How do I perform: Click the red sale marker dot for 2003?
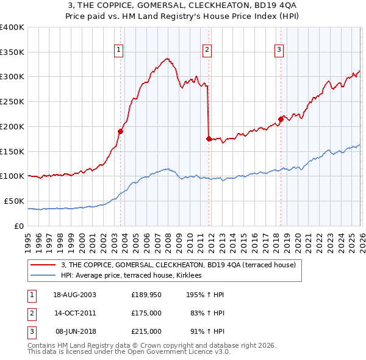click(x=121, y=131)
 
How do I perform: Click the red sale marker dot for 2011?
click(x=209, y=139)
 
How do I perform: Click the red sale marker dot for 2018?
click(x=281, y=118)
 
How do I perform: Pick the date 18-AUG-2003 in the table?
click(x=75, y=295)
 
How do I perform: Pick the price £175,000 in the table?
click(x=146, y=313)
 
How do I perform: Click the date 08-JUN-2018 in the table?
click(x=76, y=331)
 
